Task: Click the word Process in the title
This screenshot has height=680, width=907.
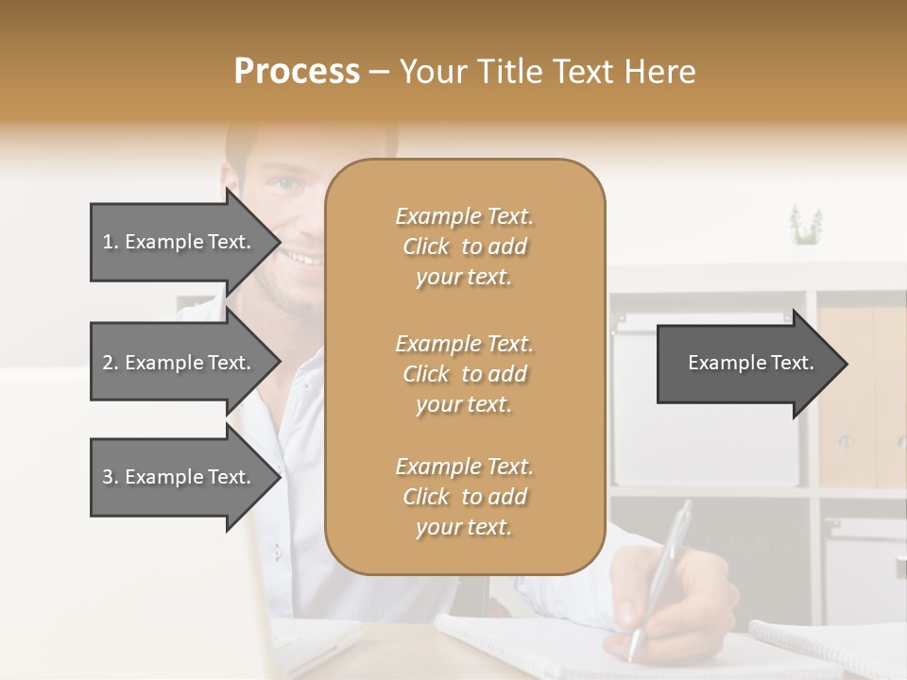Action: [x=297, y=71]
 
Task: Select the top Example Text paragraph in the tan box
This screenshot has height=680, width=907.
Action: [x=464, y=246]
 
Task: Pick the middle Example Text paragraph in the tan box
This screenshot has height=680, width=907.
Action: [x=464, y=374]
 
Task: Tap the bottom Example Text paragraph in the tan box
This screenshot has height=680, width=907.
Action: [x=464, y=497]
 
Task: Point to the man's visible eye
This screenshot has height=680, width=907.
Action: [x=286, y=185]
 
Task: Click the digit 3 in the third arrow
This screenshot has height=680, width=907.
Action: [x=107, y=477]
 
